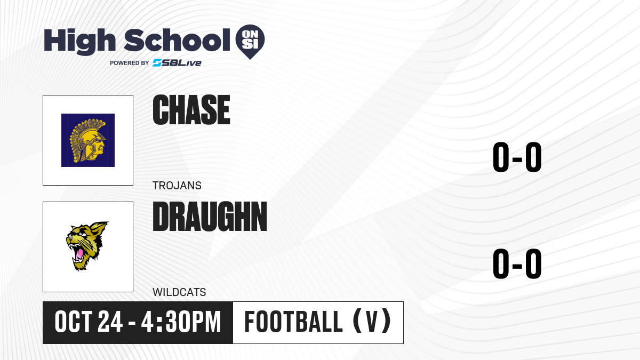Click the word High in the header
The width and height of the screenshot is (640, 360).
(80, 42)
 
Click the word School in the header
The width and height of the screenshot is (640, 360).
(177, 40)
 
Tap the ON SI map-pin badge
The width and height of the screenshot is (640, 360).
(250, 42)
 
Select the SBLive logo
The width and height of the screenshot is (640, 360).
(177, 62)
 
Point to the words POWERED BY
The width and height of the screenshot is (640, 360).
(130, 63)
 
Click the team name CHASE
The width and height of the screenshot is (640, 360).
(191, 110)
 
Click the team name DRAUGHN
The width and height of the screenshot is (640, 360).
(210, 217)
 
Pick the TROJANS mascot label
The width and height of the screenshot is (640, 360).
(177, 186)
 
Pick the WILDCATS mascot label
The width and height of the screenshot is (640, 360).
(179, 292)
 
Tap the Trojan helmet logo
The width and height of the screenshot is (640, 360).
(88, 140)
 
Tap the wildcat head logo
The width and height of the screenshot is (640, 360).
(86, 246)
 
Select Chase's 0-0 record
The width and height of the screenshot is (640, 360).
(517, 157)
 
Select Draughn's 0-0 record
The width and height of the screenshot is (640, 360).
(517, 263)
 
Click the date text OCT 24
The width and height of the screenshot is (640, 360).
(89, 322)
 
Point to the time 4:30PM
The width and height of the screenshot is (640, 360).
(181, 322)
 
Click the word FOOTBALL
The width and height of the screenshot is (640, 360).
(293, 322)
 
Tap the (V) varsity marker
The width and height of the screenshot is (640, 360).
(372, 321)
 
